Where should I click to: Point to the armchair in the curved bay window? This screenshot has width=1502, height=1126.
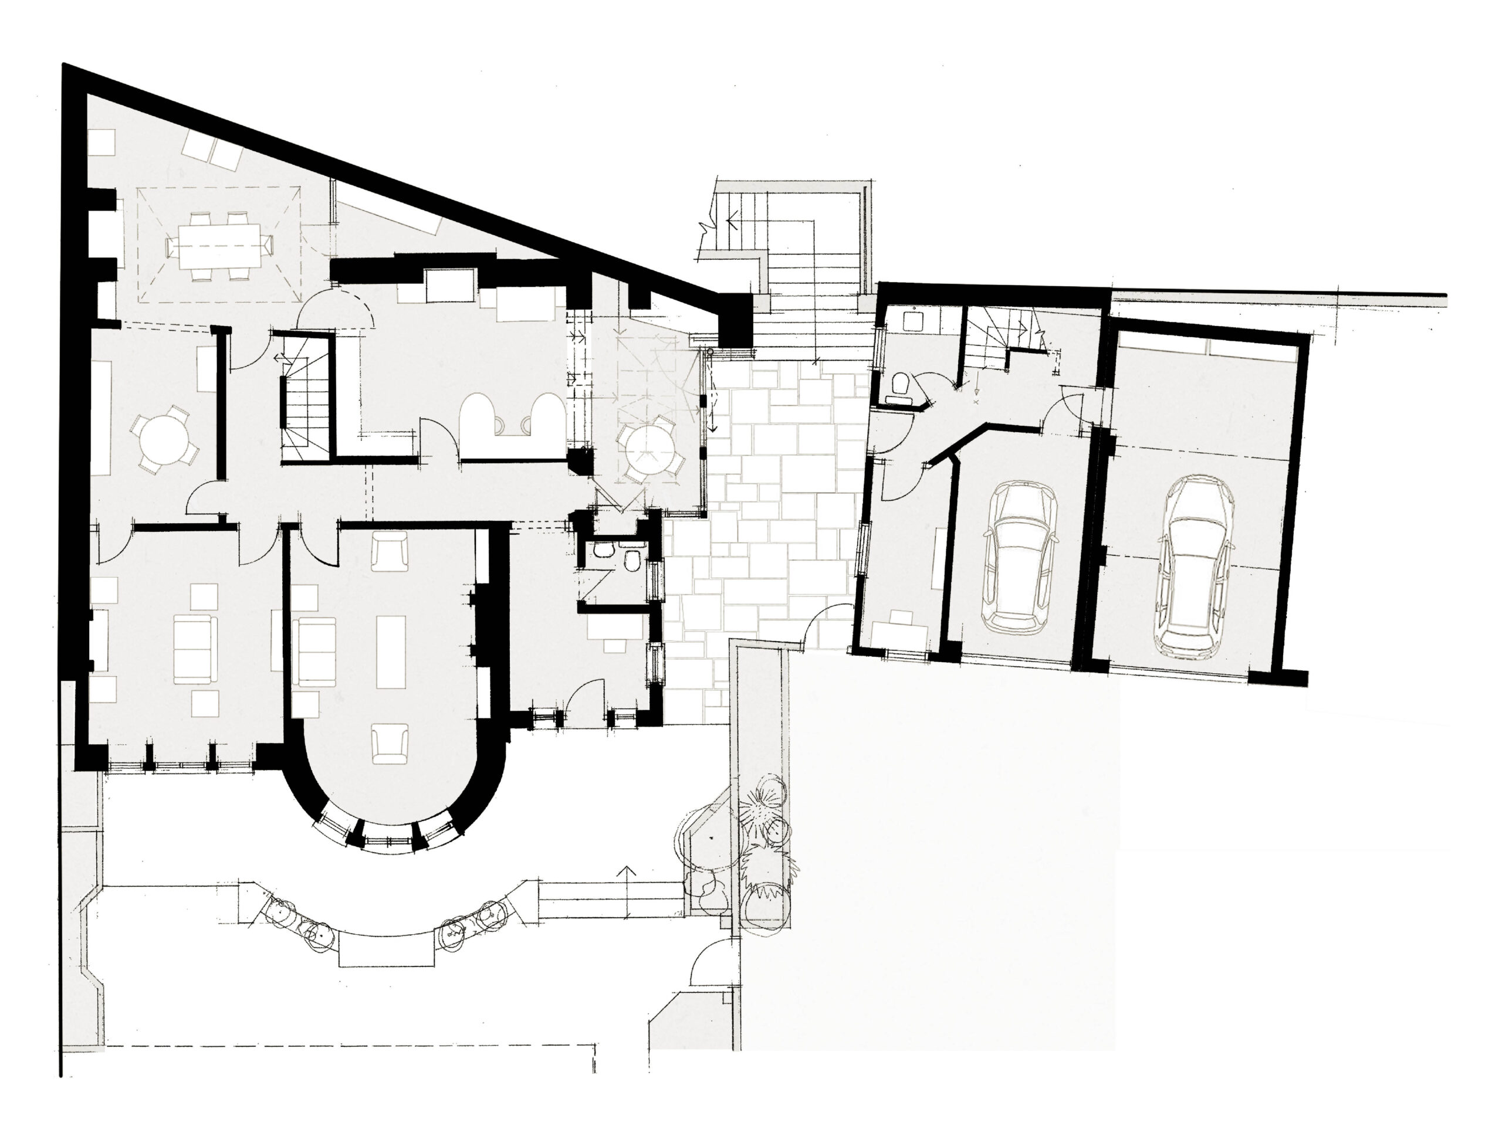(x=390, y=743)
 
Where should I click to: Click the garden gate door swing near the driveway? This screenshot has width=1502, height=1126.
(x=708, y=964)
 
